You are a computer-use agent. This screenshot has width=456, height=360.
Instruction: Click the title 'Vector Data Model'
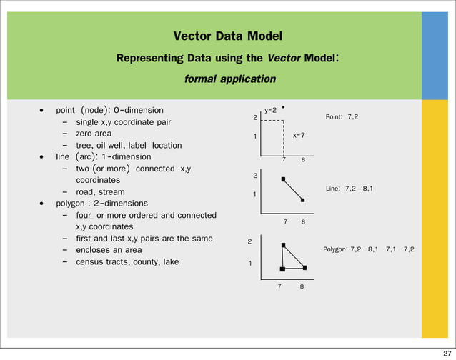coord(227,36)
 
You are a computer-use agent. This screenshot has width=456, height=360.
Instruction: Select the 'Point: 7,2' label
coord(342,116)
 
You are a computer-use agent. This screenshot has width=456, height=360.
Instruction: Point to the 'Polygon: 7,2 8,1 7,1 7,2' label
coord(368,249)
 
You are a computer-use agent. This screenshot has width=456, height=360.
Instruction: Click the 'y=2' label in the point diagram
coord(271,111)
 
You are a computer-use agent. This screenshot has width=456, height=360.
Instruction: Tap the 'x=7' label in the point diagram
coord(299,135)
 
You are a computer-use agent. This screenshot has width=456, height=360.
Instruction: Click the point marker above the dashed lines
coord(284,108)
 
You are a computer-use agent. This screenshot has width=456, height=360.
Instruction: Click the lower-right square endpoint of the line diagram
coord(303,201)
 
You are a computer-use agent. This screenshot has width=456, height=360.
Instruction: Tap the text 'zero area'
coord(93,134)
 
